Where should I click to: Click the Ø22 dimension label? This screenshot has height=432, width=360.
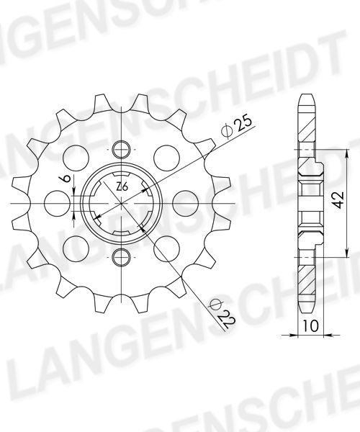point(222,313)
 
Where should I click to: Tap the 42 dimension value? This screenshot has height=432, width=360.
point(338,199)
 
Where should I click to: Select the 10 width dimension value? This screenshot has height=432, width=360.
point(311,326)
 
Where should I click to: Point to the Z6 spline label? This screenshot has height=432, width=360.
point(122,187)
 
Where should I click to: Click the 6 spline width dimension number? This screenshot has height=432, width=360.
point(66,179)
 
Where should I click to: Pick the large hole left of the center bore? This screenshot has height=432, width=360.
point(58,203)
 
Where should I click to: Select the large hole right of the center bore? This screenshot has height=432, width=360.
point(185,203)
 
